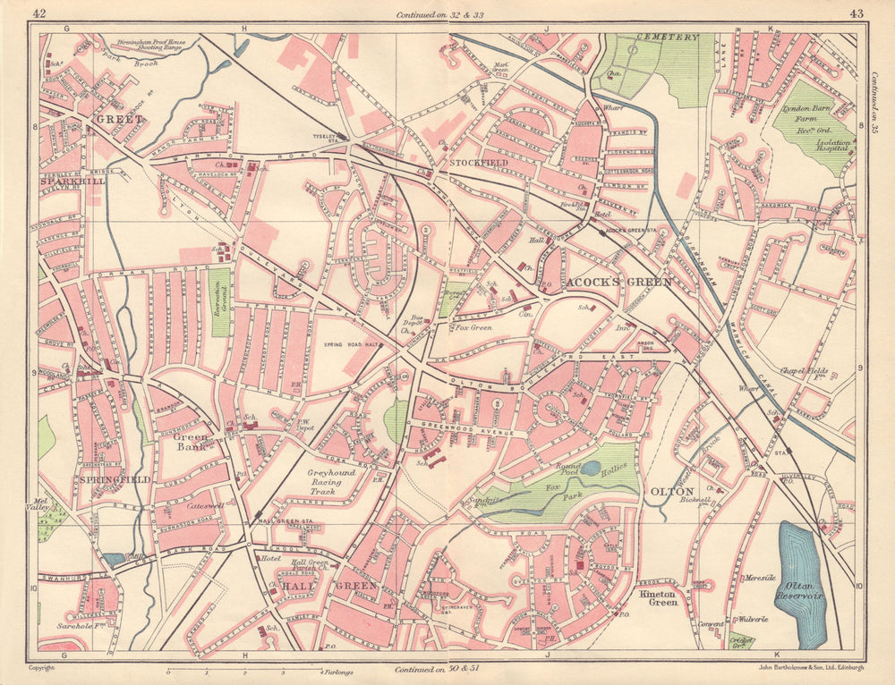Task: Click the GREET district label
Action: (113, 118)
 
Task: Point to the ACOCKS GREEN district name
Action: (618, 283)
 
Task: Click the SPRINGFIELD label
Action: (114, 479)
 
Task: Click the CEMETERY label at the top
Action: (667, 37)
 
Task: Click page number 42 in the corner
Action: (38, 13)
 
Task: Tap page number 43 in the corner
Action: (856, 13)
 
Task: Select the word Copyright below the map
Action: (42, 668)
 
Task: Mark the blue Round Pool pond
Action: (591, 468)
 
